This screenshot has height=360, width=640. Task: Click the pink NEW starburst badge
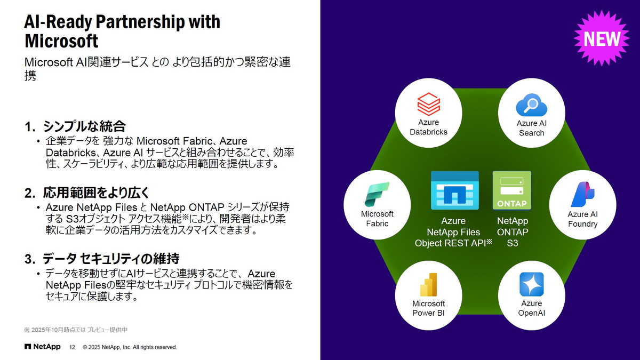point(602,39)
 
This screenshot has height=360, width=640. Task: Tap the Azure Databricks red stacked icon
point(428,104)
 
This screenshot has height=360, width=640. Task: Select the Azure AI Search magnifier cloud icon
point(531,105)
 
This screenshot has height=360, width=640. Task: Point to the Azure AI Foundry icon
point(582,194)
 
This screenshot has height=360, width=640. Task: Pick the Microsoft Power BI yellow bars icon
point(428,285)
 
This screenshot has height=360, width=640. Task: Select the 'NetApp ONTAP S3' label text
point(512,232)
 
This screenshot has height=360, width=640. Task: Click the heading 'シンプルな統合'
point(84,126)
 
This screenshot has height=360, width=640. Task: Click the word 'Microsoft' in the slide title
point(61,41)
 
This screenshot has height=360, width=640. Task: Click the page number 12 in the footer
point(73,347)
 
